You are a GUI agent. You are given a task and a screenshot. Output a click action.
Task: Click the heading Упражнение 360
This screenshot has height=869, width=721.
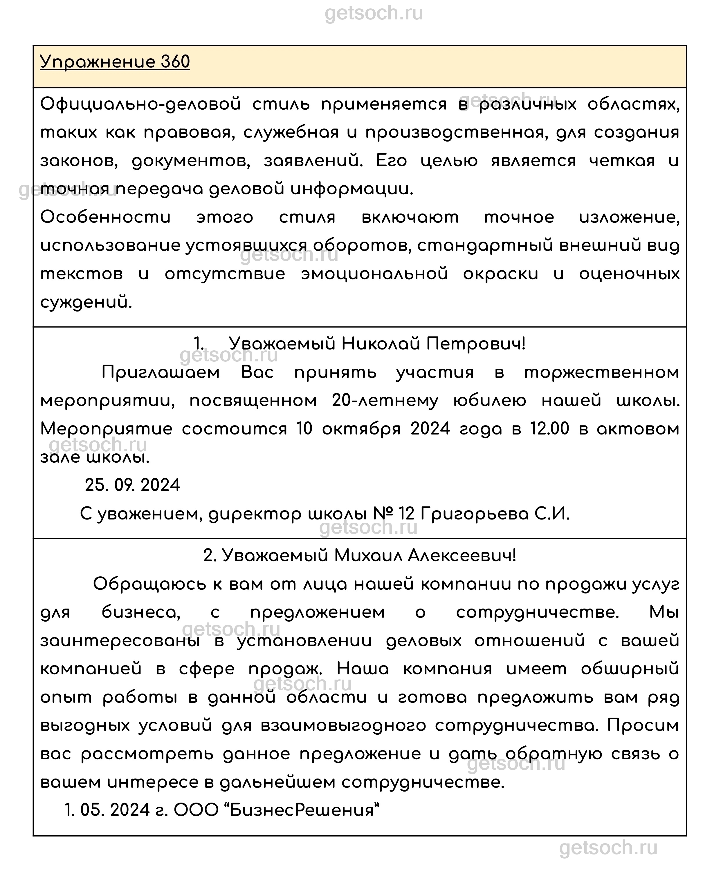pos(115,62)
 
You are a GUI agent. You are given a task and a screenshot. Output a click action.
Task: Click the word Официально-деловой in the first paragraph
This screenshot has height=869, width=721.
pos(140,104)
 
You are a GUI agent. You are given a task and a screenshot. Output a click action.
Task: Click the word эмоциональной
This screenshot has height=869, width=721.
pos(374,274)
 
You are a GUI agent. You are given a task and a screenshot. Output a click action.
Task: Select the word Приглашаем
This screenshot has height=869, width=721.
pos(161,372)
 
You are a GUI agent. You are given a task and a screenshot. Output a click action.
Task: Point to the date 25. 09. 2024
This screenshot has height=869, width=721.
pos(133,485)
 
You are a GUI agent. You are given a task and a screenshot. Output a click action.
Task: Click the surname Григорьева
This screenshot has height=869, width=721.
pos(475,514)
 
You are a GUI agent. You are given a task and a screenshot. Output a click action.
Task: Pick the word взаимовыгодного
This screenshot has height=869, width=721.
pos(343,726)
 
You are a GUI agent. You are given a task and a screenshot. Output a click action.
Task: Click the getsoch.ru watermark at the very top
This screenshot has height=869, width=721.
pos(374,13)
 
